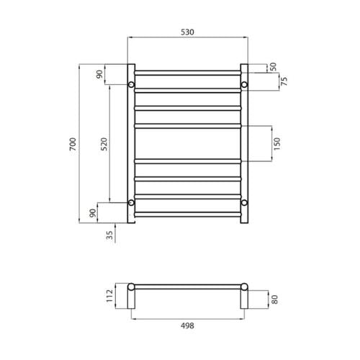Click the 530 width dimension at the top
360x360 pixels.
tap(187, 32)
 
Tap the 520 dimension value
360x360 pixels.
tap(104, 144)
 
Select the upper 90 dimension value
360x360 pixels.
tap(99, 75)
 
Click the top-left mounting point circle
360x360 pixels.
tap(131, 86)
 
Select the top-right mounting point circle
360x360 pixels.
tap(244, 86)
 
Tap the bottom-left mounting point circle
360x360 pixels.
tap(131, 203)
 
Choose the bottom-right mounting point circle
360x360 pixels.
tap(244, 203)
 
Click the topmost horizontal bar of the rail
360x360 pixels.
tap(187, 72)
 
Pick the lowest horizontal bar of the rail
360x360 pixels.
tap(187, 214)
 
